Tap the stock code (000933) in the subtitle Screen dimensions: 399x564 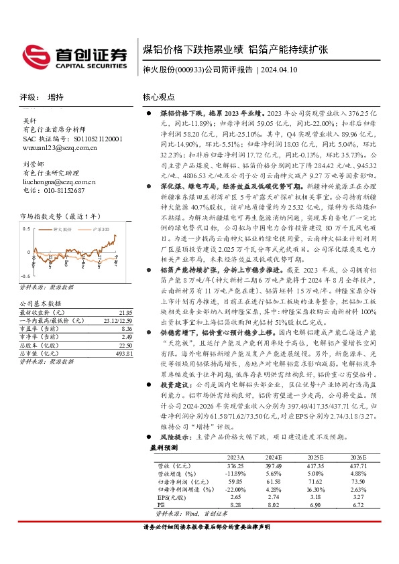[189, 69]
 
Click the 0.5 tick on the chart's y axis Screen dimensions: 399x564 [24, 229]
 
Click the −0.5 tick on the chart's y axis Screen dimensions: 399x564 [23, 276]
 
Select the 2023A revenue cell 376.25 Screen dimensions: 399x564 [235, 464]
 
